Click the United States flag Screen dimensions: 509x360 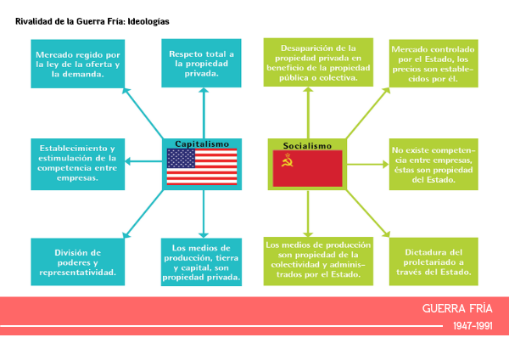pos(202,166)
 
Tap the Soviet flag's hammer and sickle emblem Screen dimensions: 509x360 pos(288,160)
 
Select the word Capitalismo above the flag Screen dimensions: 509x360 pos(202,143)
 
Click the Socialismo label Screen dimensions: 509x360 pos(307,145)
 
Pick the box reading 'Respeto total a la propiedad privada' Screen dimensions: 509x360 pos(201,63)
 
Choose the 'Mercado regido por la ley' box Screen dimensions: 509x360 pos(78,64)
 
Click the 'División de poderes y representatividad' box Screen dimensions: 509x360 pos(78,262)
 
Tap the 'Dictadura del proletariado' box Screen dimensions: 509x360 pos(433,262)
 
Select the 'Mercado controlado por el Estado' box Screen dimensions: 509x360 pos(433,64)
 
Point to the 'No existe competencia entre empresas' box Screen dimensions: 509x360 pos(433,164)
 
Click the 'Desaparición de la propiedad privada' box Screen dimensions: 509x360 pos(318,62)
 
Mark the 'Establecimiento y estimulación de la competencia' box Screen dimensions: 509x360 pos(78,164)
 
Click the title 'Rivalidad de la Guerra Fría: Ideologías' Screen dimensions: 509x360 pos(92,21)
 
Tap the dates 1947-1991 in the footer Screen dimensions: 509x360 pos(473,325)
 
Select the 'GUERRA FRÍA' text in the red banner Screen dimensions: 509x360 pos(457,308)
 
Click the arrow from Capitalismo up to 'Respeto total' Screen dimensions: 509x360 pos(204,113)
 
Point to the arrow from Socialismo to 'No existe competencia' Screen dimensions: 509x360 pos(368,165)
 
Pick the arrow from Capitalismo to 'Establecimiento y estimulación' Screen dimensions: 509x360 pos(143,161)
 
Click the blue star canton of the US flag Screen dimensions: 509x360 pos(181,158)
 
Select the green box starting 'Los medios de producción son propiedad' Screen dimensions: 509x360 pos(318,262)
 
